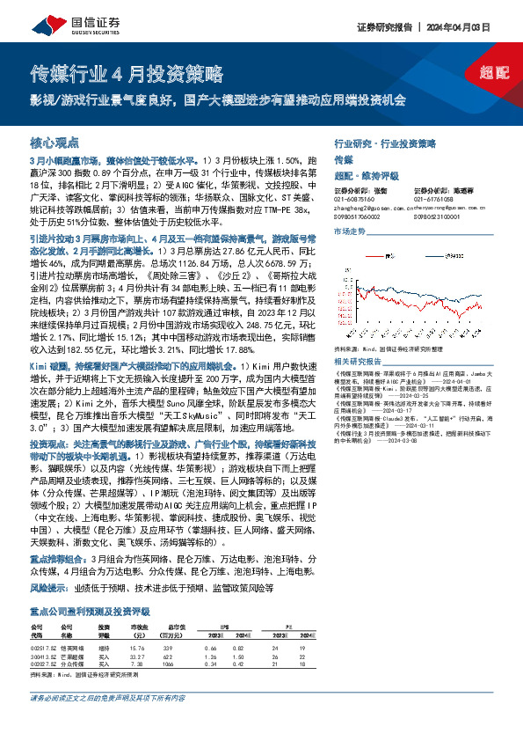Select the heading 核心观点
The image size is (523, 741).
tap(55, 143)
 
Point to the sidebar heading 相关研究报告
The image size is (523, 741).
tap(357, 362)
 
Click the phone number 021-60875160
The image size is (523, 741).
tap(353, 199)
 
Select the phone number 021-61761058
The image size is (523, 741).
tap(432, 199)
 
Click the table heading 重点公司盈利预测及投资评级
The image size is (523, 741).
tap(89, 584)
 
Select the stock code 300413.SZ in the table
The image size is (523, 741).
tap(43, 629)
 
